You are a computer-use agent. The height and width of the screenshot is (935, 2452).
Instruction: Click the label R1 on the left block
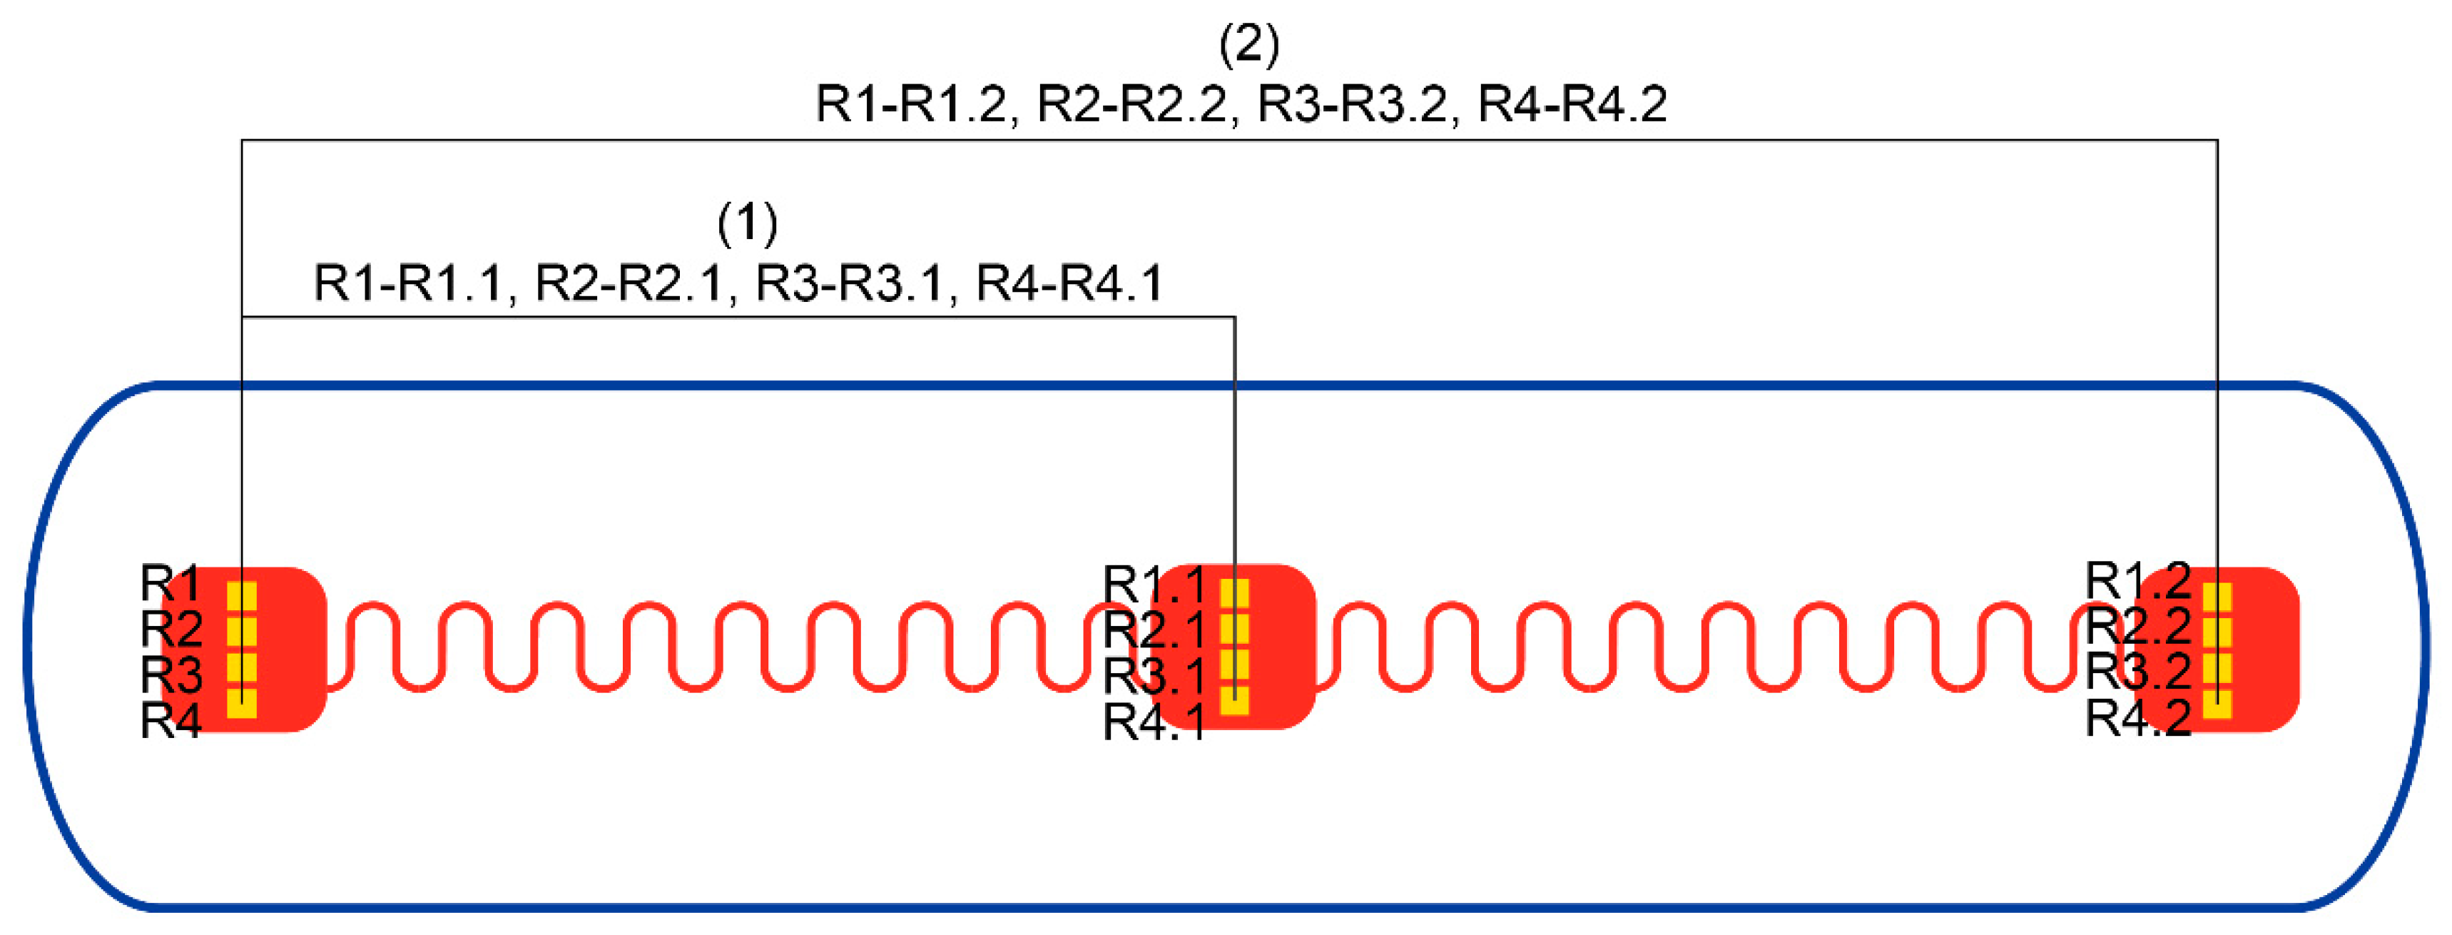(169, 582)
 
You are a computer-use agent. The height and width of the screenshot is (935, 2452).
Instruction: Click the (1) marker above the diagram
(747, 223)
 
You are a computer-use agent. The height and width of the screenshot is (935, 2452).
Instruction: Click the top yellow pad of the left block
(242, 596)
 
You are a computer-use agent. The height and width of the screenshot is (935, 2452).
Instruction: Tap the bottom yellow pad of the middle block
(1235, 701)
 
